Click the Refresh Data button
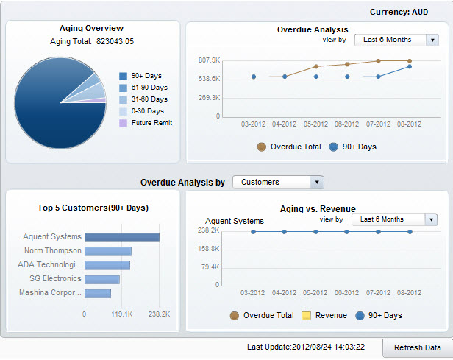pyautogui.click(x=417, y=347)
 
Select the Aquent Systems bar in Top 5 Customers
pyautogui.click(x=121, y=237)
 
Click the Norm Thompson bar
pyautogui.click(x=107, y=251)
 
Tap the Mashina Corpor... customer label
pyautogui.click(x=51, y=293)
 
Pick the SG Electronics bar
pyautogui.click(x=101, y=279)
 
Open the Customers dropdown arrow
pyautogui.click(x=316, y=182)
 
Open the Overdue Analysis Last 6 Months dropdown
pyautogui.click(x=433, y=40)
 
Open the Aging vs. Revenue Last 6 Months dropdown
pyautogui.click(x=430, y=219)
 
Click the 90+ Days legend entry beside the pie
pyautogui.click(x=146, y=76)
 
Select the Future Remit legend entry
pyautogui.click(x=151, y=123)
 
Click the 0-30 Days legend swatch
pyautogui.click(x=123, y=111)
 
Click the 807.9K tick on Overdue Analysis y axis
pyautogui.click(x=208, y=60)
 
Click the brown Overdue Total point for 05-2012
pyautogui.click(x=315, y=66)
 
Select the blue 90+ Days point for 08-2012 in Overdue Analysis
pyautogui.click(x=410, y=66)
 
